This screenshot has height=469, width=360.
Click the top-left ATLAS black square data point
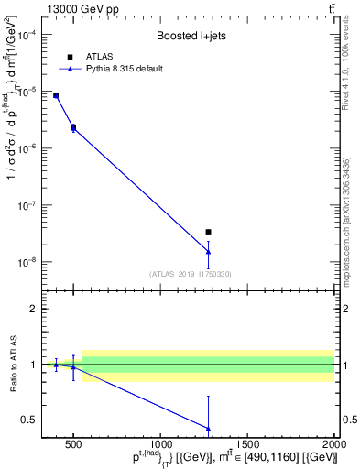coord(56,95)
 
